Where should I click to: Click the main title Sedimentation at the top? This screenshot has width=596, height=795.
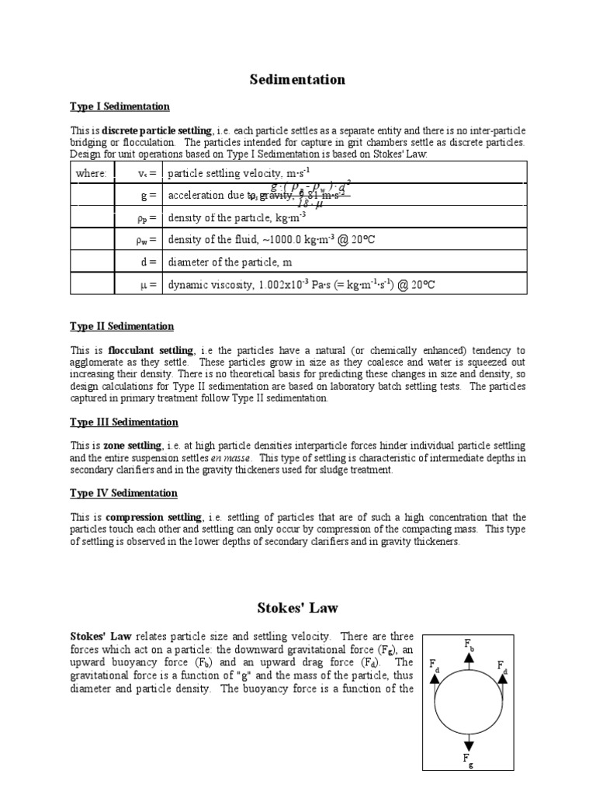click(298, 80)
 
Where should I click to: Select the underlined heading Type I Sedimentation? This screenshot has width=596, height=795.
click(120, 106)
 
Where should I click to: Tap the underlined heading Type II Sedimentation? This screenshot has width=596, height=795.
click(122, 326)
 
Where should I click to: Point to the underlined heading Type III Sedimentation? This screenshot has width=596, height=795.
click(124, 422)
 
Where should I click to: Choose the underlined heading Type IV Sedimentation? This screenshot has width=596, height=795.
click(123, 493)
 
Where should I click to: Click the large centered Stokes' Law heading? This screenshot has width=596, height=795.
click(298, 607)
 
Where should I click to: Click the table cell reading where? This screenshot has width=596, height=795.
click(91, 173)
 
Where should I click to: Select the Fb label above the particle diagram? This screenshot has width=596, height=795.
click(470, 644)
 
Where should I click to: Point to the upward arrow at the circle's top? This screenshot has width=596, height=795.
click(470, 660)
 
